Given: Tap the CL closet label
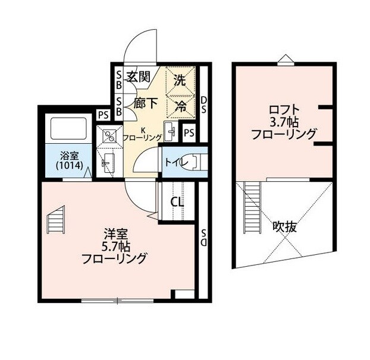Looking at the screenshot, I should [177, 202].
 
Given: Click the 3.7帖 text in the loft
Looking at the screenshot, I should [283, 122].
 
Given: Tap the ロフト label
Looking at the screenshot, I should [283, 109].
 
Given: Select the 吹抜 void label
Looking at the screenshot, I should [285, 226].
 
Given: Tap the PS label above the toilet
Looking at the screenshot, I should [189, 132].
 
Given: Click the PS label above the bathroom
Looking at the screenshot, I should [103, 115].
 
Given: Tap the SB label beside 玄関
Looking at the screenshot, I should [118, 80].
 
